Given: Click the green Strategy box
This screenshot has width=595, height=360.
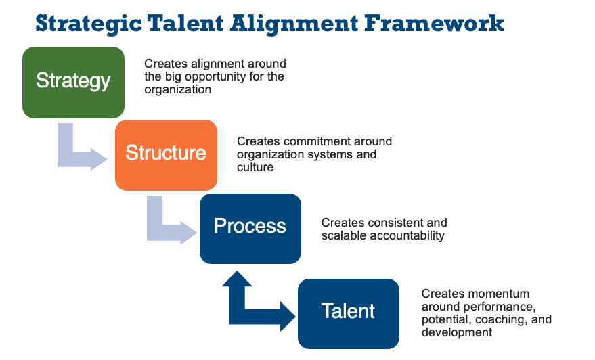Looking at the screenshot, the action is click(x=73, y=83).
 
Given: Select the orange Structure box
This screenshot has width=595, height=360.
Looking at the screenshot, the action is click(x=167, y=155).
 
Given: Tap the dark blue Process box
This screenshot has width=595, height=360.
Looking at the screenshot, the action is click(x=250, y=228).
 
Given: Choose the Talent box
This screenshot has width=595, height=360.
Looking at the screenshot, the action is click(x=349, y=314).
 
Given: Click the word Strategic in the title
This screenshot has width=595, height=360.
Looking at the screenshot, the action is click(x=89, y=24).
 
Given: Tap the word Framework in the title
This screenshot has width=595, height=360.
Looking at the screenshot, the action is click(x=434, y=23).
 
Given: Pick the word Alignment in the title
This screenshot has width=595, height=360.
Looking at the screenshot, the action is click(x=294, y=24).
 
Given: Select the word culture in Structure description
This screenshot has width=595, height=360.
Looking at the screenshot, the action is click(x=255, y=167).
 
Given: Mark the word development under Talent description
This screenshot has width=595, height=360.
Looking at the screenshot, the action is click(x=457, y=333).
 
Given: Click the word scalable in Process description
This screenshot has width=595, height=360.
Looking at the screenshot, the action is click(x=344, y=235).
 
